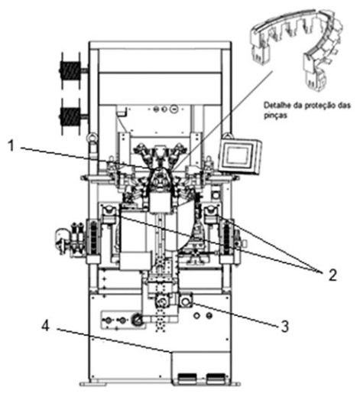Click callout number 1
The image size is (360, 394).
click(x=11, y=146)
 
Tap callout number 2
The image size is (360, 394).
click(x=331, y=275)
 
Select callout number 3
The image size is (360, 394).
click(x=284, y=327)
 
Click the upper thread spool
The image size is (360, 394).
click(x=70, y=70)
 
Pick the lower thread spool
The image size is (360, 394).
click(x=70, y=116)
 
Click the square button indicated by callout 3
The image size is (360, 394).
click(x=186, y=301)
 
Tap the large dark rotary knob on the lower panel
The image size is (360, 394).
click(x=138, y=320)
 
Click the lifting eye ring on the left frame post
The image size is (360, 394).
click(x=91, y=138)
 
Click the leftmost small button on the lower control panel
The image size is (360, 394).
click(x=108, y=320)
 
